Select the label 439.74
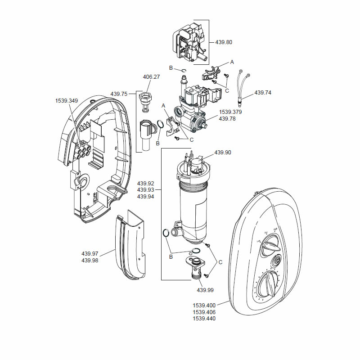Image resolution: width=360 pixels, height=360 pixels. point(264,93)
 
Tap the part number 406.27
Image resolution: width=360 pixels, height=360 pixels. point(151,77)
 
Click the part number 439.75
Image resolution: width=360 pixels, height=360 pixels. point(119,94)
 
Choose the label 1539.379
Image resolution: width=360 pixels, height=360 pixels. point(230,112)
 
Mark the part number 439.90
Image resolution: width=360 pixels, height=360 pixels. point(222,153)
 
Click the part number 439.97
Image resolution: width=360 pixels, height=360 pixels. point(90,254)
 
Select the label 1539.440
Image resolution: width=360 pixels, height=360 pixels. point(204,319)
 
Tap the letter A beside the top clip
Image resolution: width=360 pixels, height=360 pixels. point(233,61)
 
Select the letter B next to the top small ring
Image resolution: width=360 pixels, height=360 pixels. point(171,67)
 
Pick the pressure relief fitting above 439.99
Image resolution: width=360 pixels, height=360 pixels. point(196,265)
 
